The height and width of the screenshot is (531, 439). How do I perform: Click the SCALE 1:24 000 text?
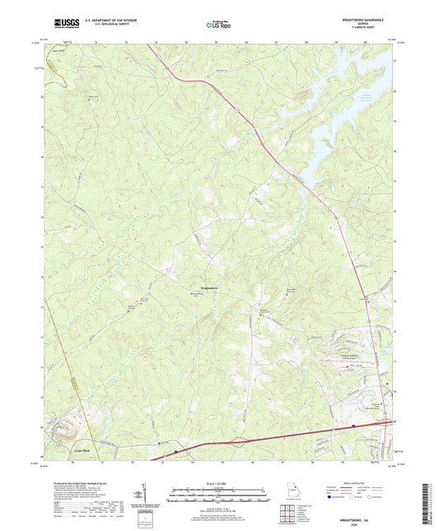tap(218, 482)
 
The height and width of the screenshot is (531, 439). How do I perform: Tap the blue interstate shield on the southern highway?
tap(176, 452)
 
